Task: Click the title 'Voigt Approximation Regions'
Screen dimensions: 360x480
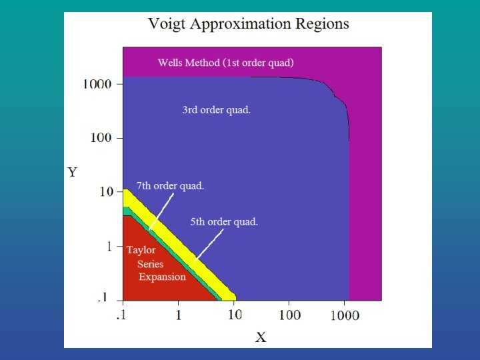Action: point(248,24)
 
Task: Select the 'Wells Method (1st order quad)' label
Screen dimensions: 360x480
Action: point(225,63)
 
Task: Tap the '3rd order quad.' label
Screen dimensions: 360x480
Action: point(217,110)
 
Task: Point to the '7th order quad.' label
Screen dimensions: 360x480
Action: point(170,186)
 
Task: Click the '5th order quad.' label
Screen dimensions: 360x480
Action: point(224,221)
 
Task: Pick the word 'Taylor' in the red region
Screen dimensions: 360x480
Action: point(141,250)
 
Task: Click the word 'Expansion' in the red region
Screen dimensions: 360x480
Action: point(162,277)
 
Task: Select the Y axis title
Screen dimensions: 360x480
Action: point(73,173)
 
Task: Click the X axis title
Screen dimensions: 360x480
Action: point(261,337)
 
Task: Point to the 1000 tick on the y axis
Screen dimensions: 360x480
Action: point(98,85)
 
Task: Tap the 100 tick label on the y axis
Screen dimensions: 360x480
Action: point(102,139)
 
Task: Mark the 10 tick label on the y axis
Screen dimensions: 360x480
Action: point(107,192)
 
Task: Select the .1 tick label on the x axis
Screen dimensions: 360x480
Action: point(122,315)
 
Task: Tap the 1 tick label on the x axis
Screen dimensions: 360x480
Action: point(178,315)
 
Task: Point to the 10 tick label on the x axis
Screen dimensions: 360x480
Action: point(234,315)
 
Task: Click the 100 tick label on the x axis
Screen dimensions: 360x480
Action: point(289,315)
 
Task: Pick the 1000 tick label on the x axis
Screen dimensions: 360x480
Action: point(345,315)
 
